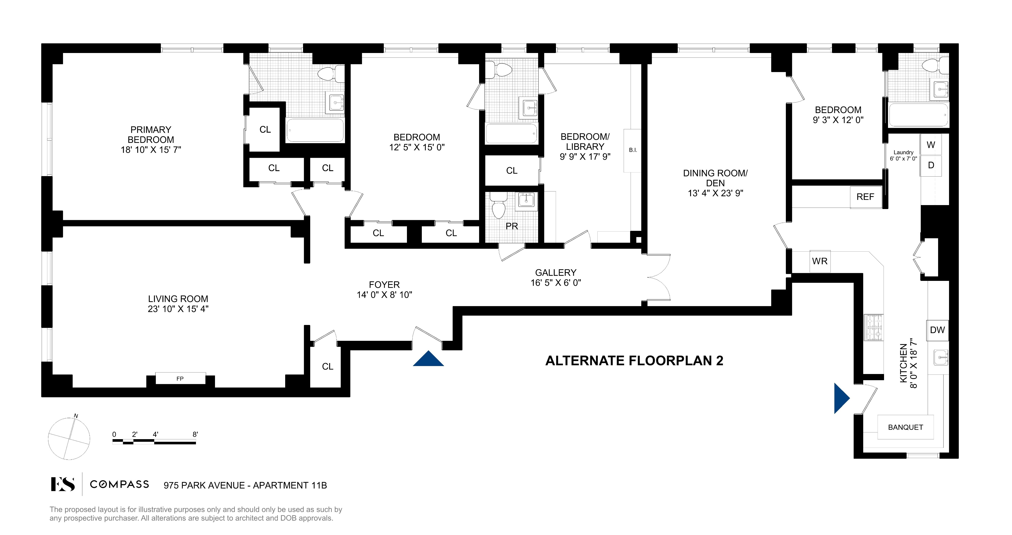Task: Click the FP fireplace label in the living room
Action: click(x=180, y=379)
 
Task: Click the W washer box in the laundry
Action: click(x=931, y=145)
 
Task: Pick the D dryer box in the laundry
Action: click(x=931, y=165)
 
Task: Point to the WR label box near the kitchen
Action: click(x=820, y=261)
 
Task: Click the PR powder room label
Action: click(x=512, y=226)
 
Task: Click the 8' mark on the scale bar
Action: click(x=195, y=434)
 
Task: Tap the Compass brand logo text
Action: click(x=120, y=484)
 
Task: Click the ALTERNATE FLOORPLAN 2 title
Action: click(x=634, y=361)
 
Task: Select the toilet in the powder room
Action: click(x=498, y=208)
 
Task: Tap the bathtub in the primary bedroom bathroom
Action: click(x=315, y=130)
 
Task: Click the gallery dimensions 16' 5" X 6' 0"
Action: click(x=555, y=283)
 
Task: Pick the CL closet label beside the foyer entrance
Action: click(x=327, y=367)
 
